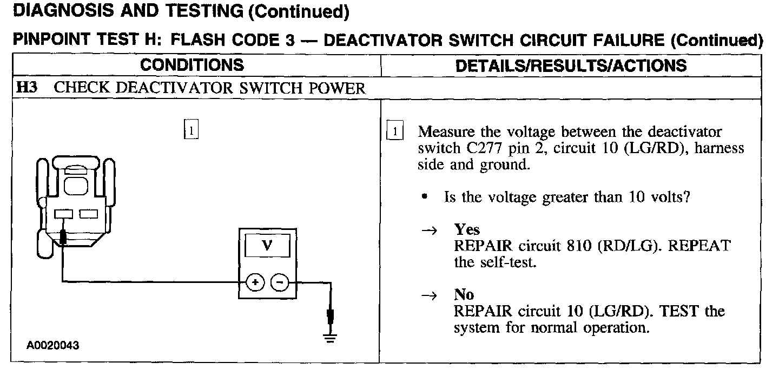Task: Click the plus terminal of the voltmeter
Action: [255, 282]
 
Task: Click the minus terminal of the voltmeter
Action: [280, 282]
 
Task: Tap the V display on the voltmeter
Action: [267, 247]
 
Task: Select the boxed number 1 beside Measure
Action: [396, 132]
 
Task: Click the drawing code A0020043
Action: [54, 345]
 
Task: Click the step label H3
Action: [27, 88]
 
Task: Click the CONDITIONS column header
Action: [192, 65]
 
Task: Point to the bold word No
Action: [464, 295]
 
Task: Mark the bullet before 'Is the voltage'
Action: [425, 197]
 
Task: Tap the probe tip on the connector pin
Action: [63, 236]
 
